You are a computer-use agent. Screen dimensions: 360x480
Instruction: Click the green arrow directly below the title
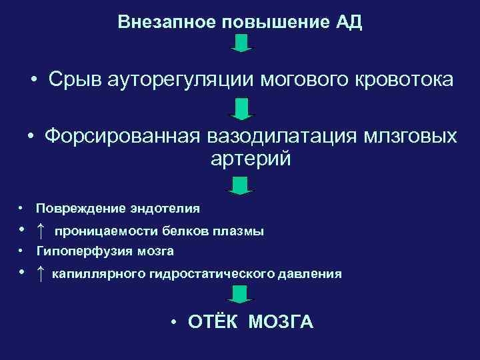point(241,44)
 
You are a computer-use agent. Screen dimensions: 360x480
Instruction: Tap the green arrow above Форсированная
point(241,108)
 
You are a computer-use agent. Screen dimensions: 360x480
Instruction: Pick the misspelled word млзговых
point(411,137)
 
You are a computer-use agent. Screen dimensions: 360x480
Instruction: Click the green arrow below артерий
point(241,185)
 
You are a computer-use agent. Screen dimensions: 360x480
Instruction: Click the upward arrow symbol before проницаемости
point(41,231)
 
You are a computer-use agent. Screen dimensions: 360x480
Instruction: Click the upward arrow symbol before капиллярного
point(41,273)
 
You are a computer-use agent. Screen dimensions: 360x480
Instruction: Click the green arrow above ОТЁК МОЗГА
point(241,294)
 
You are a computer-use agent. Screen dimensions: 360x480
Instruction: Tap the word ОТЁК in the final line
point(215,323)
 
